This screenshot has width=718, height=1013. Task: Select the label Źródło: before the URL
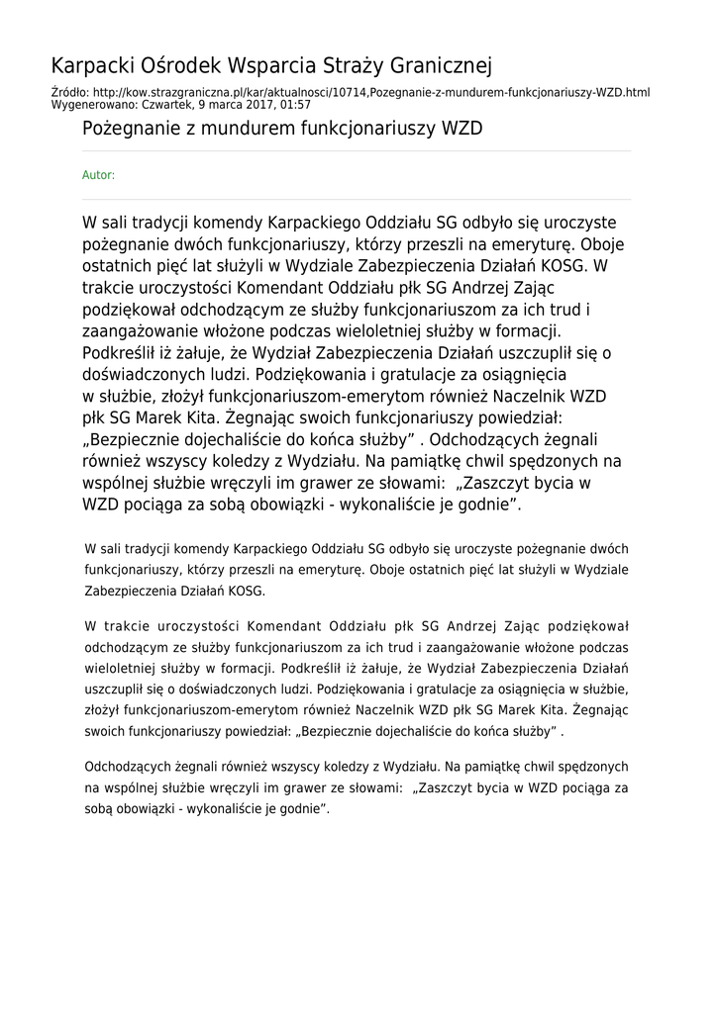pyautogui.click(x=68, y=92)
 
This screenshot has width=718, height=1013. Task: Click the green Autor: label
pyautogui.click(x=98, y=175)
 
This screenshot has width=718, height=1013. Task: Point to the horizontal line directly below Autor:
pyautogui.click(x=357, y=199)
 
